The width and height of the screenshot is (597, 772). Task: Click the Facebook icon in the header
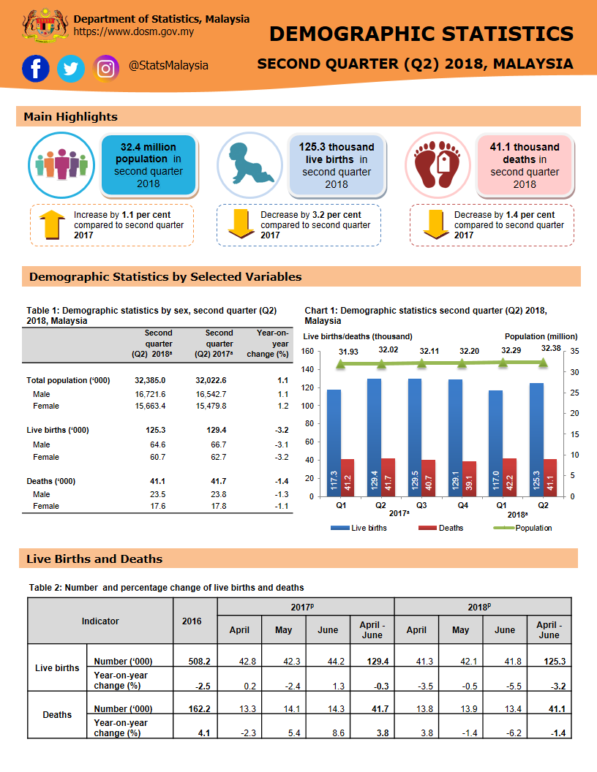36,69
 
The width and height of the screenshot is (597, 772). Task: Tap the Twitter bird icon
71,69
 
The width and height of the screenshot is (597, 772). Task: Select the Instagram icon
107,69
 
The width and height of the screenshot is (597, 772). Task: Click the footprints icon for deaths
438,164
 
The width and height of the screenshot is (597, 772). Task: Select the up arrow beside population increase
51,224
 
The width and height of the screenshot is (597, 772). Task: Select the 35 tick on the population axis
574,352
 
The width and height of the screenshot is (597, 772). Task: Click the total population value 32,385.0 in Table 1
150,380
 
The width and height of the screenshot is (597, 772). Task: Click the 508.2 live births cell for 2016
195,661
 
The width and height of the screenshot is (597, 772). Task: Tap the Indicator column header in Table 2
100,621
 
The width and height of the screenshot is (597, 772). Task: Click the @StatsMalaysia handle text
168,66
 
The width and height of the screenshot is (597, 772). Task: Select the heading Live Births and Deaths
94,559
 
